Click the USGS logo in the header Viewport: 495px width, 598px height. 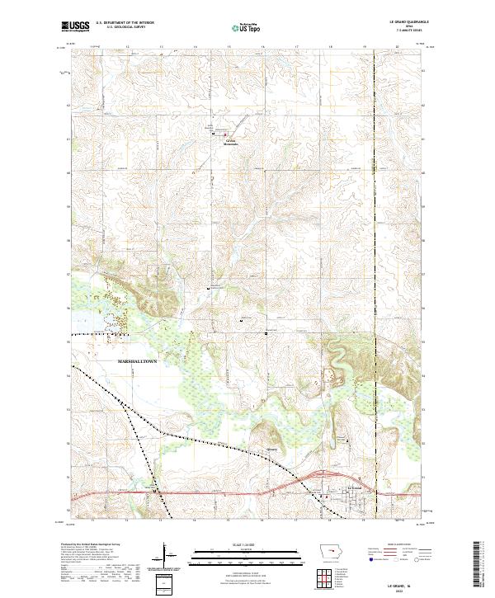pyautogui.click(x=75, y=26)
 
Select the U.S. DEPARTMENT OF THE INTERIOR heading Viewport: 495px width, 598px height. pyautogui.click(x=125, y=23)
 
